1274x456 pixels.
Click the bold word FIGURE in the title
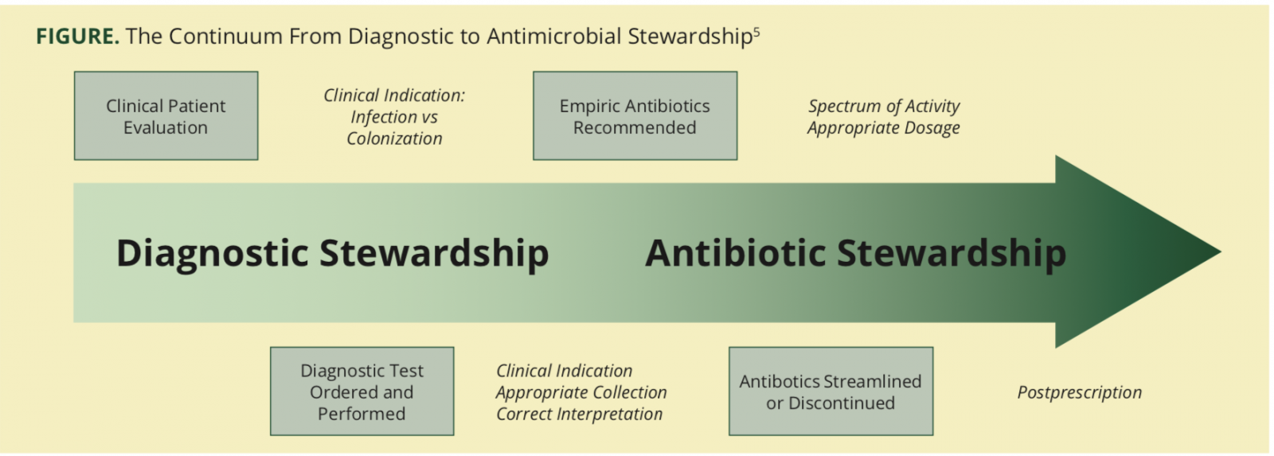click(77, 37)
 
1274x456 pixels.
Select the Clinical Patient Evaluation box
click(166, 115)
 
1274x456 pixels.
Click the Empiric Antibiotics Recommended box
click(635, 115)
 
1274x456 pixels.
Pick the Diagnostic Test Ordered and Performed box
click(361, 392)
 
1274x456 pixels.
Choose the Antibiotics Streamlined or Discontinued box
click(831, 392)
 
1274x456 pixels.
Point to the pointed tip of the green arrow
click(1220, 252)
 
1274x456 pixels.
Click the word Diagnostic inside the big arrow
click(212, 254)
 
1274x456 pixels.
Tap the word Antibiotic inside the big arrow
click(736, 252)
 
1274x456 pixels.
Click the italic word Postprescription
click(1080, 392)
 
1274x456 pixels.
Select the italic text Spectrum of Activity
click(884, 106)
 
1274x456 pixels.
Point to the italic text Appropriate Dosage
click(883, 128)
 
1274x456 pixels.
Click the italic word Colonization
click(394, 138)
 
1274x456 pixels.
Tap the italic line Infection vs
click(394, 116)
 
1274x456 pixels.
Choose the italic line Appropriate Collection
click(581, 392)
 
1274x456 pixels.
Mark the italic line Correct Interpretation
click(580, 414)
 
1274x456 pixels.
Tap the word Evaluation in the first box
click(166, 127)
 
